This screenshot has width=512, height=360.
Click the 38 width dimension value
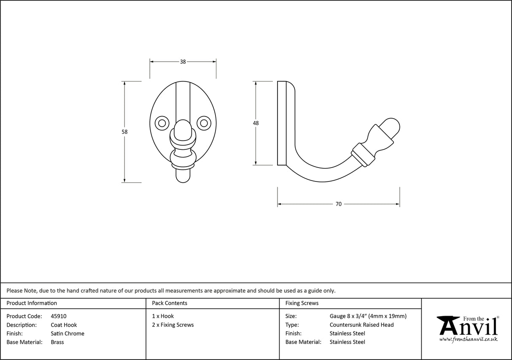point(183,62)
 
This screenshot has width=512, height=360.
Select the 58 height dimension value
point(124,132)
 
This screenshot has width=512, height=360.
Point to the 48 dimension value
point(256,123)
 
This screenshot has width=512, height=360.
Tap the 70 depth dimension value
point(338,204)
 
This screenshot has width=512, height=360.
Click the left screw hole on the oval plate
point(161,123)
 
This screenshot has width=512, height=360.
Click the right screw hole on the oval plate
point(204,123)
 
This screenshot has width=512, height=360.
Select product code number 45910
point(58,316)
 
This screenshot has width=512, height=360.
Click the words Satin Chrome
point(67,333)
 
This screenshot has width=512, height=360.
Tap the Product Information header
point(32,303)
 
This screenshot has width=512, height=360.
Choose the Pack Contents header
point(170,303)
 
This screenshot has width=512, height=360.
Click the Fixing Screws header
point(302,303)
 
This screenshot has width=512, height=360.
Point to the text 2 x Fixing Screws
point(173,325)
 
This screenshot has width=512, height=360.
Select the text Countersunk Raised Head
point(361,325)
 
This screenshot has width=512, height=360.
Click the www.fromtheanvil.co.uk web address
point(468,339)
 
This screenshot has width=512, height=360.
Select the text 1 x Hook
point(163,316)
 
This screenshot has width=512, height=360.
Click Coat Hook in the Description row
point(64,325)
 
